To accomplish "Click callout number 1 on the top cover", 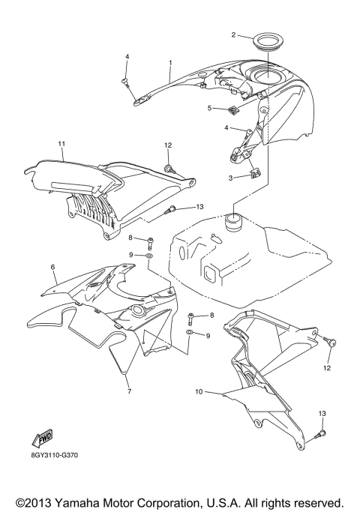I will click(170, 62).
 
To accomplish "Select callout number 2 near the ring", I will click(233, 34).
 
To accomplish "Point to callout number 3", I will click(230, 178).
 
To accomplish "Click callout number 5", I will click(210, 108).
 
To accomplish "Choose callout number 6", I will click(53, 266).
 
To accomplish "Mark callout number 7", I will click(128, 391).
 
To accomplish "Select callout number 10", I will click(199, 391).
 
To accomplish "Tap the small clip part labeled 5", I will click(233, 111).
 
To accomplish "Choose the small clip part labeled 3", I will click(254, 175).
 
